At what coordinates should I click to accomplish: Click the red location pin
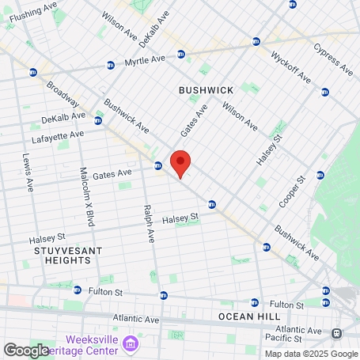pyautogui.click(x=180, y=163)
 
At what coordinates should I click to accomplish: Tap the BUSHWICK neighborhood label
pyautogui.click(x=207, y=90)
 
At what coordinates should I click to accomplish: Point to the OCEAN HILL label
pyautogui.click(x=248, y=316)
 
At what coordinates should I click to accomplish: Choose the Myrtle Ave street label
pyautogui.click(x=146, y=61)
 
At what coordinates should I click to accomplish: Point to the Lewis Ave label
pyautogui.click(x=28, y=172)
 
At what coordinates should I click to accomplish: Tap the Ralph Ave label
pyautogui.click(x=146, y=224)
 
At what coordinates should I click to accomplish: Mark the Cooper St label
pyautogui.click(x=292, y=192)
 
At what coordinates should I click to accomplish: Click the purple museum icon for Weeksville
pyautogui.click(x=131, y=342)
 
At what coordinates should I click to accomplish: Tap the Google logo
pyautogui.click(x=26, y=350)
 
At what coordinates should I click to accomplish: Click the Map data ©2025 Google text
pyautogui.click(x=311, y=354)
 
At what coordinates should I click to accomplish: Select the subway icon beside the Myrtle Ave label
pyautogui.click(x=181, y=54)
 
